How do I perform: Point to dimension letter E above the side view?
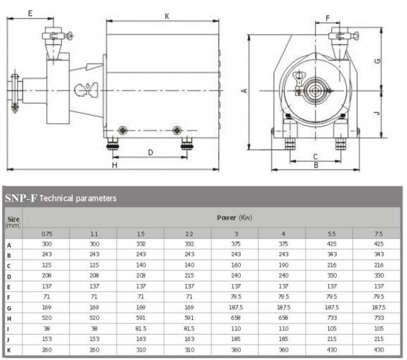tap(31, 13)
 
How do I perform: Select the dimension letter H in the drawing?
tap(115, 166)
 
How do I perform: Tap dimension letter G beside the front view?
tap(378, 61)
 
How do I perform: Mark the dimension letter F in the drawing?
tap(328, 18)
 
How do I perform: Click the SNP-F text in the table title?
tap(21, 199)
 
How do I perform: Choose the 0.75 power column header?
tap(46, 233)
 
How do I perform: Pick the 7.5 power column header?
tap(379, 233)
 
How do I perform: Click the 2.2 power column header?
tap(188, 233)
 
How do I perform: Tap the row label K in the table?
tap(9, 349)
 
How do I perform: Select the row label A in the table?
tap(9, 244)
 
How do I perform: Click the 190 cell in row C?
tap(282, 265)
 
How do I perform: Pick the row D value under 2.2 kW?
tap(188, 276)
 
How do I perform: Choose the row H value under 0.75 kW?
tap(46, 318)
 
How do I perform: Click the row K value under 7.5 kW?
tap(379, 349)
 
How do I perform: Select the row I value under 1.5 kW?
tap(140, 328)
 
